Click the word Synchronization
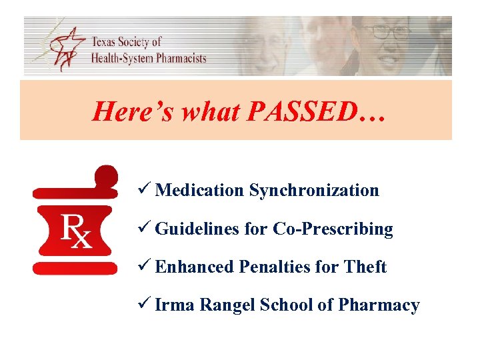[x=314, y=191]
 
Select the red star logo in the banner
[x=63, y=47]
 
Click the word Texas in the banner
[x=106, y=42]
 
